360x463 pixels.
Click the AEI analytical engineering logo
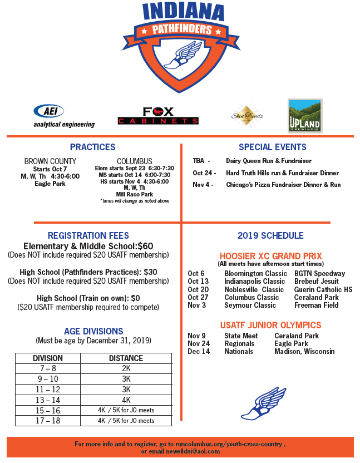pyautogui.click(x=64, y=116)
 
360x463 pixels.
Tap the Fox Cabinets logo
pyautogui.click(x=158, y=116)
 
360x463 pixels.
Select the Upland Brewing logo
pyautogui.click(x=304, y=116)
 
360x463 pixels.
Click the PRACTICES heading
pyautogui.click(x=92, y=147)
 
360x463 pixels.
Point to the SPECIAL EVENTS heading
pyautogui.click(x=272, y=147)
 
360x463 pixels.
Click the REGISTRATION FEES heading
pyautogui.click(x=88, y=235)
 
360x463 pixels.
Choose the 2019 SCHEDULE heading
pyautogui.click(x=270, y=235)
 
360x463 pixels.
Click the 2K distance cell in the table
pyautogui.click(x=126, y=369)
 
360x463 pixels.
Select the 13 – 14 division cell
pyautogui.click(x=48, y=400)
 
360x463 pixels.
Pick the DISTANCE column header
pyautogui.click(x=126, y=358)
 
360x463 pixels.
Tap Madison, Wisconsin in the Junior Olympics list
pyautogui.click(x=304, y=352)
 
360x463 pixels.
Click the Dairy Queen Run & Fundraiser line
pyautogui.click(x=268, y=161)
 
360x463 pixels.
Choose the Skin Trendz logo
pyautogui.click(x=247, y=116)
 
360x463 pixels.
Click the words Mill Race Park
pyautogui.click(x=134, y=194)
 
